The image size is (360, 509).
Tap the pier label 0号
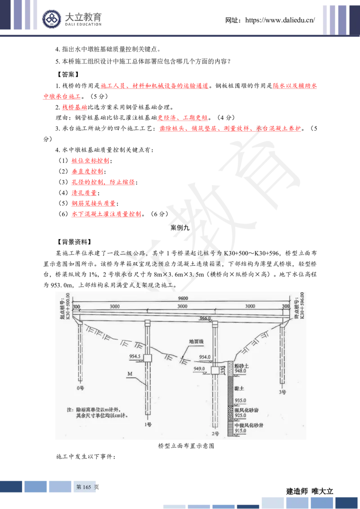click(x=81, y=387)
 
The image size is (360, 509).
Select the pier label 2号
click(x=215, y=434)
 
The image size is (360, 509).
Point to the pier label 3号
click(x=282, y=392)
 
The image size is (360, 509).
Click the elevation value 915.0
click(x=241, y=430)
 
